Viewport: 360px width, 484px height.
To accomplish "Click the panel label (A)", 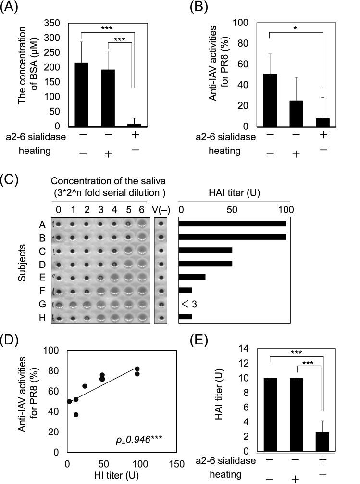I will click(x=11, y=9).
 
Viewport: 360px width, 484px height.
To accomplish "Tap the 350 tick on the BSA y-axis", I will click(x=57, y=23).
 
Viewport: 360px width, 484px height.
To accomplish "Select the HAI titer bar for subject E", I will click(x=192, y=277).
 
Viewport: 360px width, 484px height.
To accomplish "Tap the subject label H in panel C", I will click(x=43, y=317).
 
